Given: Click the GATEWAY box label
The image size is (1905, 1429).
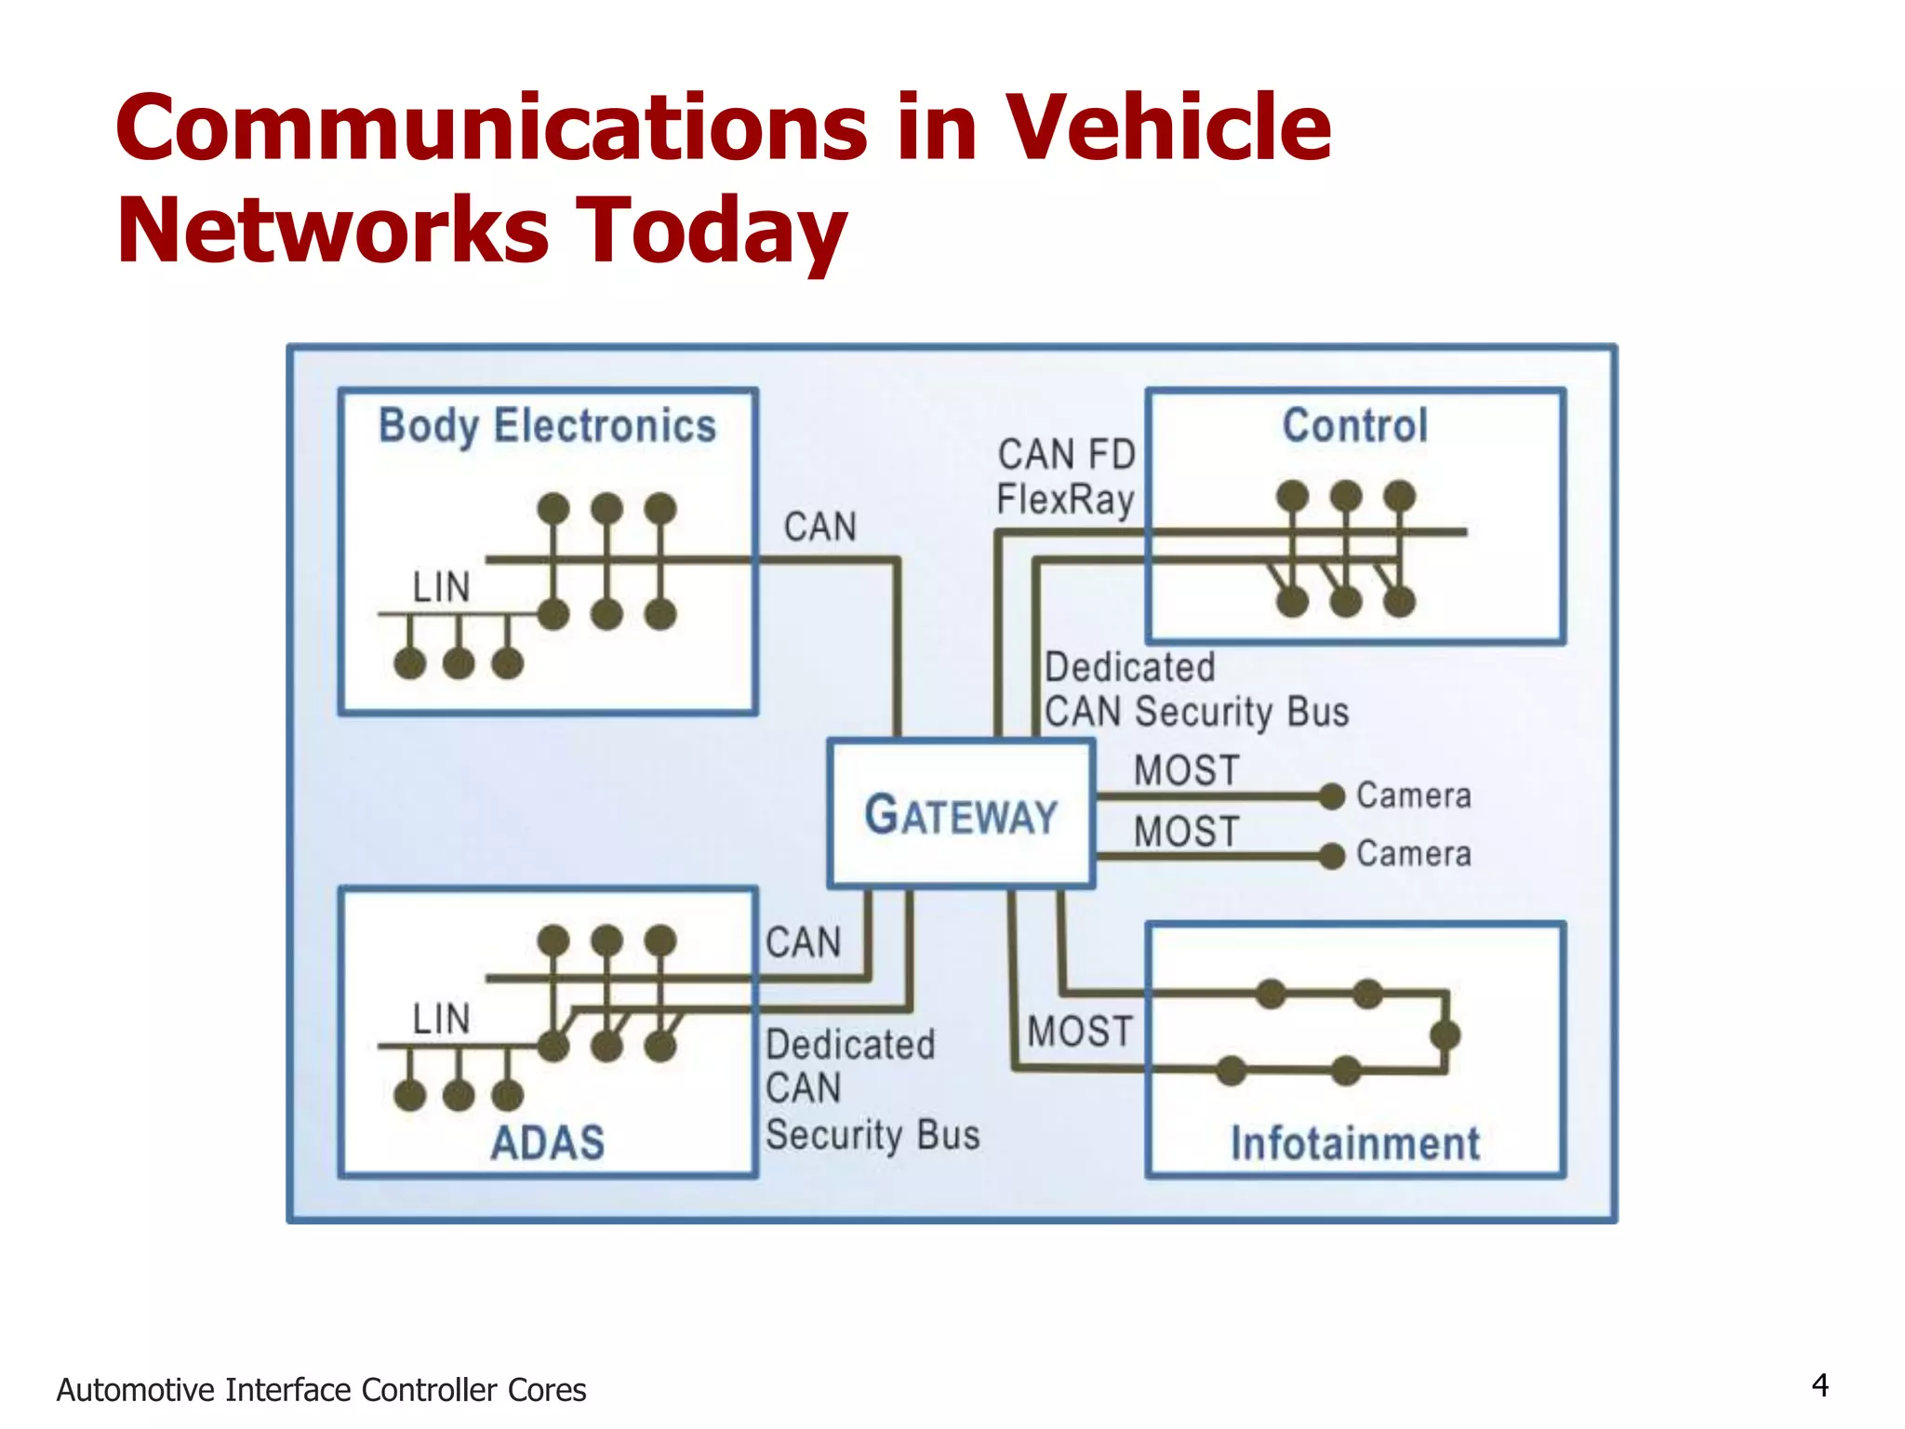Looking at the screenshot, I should pyautogui.click(x=961, y=815).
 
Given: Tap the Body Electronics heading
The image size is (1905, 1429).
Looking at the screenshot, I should pyautogui.click(x=547, y=426).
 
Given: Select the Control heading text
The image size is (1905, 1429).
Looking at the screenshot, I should pyautogui.click(x=1354, y=426).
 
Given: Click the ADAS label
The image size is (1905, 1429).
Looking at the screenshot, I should pyautogui.click(x=547, y=1142).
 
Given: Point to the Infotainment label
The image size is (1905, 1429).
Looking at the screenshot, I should pyautogui.click(x=1354, y=1143).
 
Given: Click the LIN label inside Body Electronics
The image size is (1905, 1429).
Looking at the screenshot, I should pyautogui.click(x=442, y=588).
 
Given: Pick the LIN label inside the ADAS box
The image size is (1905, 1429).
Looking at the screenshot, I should pyautogui.click(x=442, y=1020).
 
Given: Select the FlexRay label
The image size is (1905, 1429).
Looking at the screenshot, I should pyautogui.click(x=1065, y=500).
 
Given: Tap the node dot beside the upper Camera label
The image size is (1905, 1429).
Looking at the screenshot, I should pyautogui.click(x=1332, y=796).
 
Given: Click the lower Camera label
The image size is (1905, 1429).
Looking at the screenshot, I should pyautogui.click(x=1413, y=854).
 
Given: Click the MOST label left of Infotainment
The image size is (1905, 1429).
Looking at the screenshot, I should pyautogui.click(x=1080, y=1032).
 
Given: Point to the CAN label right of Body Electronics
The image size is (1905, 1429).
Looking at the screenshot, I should pyautogui.click(x=819, y=528).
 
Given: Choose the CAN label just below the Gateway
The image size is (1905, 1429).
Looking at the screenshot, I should pyautogui.click(x=803, y=942).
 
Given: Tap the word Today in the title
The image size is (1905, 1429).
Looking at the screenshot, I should pyautogui.click(x=711, y=231).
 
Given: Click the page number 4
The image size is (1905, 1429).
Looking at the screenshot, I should pyautogui.click(x=1819, y=1386).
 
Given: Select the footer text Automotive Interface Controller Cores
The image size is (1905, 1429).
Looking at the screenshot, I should pyautogui.click(x=321, y=1390).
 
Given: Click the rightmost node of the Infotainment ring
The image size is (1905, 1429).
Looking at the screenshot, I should pyautogui.click(x=1445, y=1035).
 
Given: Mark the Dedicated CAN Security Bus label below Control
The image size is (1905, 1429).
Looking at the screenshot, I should pyautogui.click(x=1195, y=690).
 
